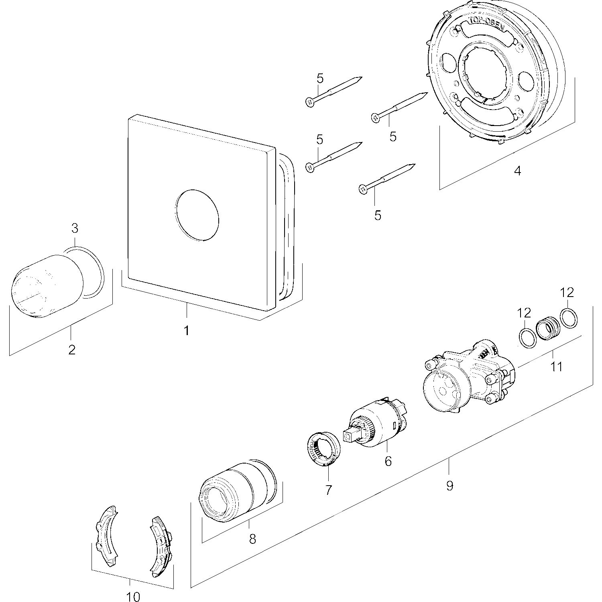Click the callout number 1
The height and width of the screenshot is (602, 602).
186,331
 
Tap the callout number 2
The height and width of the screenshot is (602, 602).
72,350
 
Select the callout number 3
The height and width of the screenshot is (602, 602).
75,228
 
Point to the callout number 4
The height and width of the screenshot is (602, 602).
518,171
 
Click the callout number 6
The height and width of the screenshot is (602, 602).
388,461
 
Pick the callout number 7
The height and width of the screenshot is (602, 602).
329,490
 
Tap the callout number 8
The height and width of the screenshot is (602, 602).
252,539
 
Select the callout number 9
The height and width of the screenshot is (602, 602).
449,486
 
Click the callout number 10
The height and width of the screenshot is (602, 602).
133,597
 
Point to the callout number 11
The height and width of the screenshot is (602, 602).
557,366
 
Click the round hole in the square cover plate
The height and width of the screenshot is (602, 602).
197,215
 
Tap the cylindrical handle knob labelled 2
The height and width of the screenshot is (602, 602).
47,285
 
